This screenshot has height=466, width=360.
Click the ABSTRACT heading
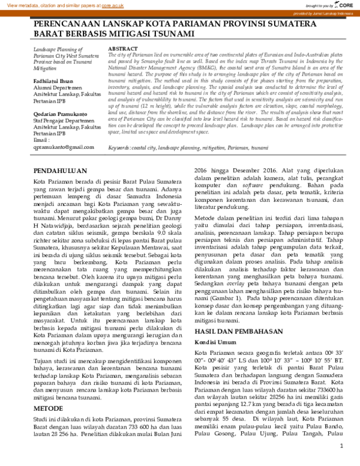(124, 47)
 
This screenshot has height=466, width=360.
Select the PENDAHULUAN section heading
(62, 171)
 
